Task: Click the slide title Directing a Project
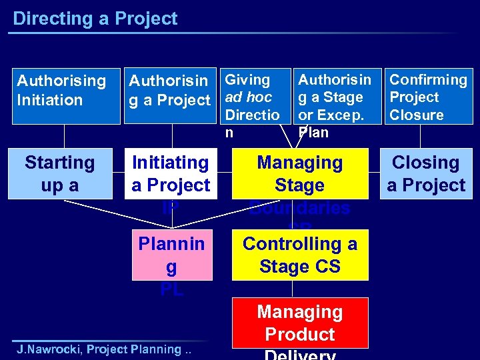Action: click(x=95, y=19)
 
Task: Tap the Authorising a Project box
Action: click(x=170, y=91)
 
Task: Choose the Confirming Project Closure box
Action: click(x=429, y=97)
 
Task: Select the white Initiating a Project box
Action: click(x=171, y=174)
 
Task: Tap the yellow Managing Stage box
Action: click(x=300, y=174)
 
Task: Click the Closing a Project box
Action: click(x=425, y=174)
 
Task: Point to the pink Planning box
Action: click(x=171, y=255)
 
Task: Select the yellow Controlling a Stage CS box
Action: click(x=300, y=255)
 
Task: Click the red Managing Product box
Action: click(x=300, y=323)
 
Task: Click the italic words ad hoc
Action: click(x=249, y=97)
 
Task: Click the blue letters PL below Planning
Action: click(x=171, y=290)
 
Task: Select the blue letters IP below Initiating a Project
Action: click(x=171, y=207)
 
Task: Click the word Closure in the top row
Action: click(x=417, y=115)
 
